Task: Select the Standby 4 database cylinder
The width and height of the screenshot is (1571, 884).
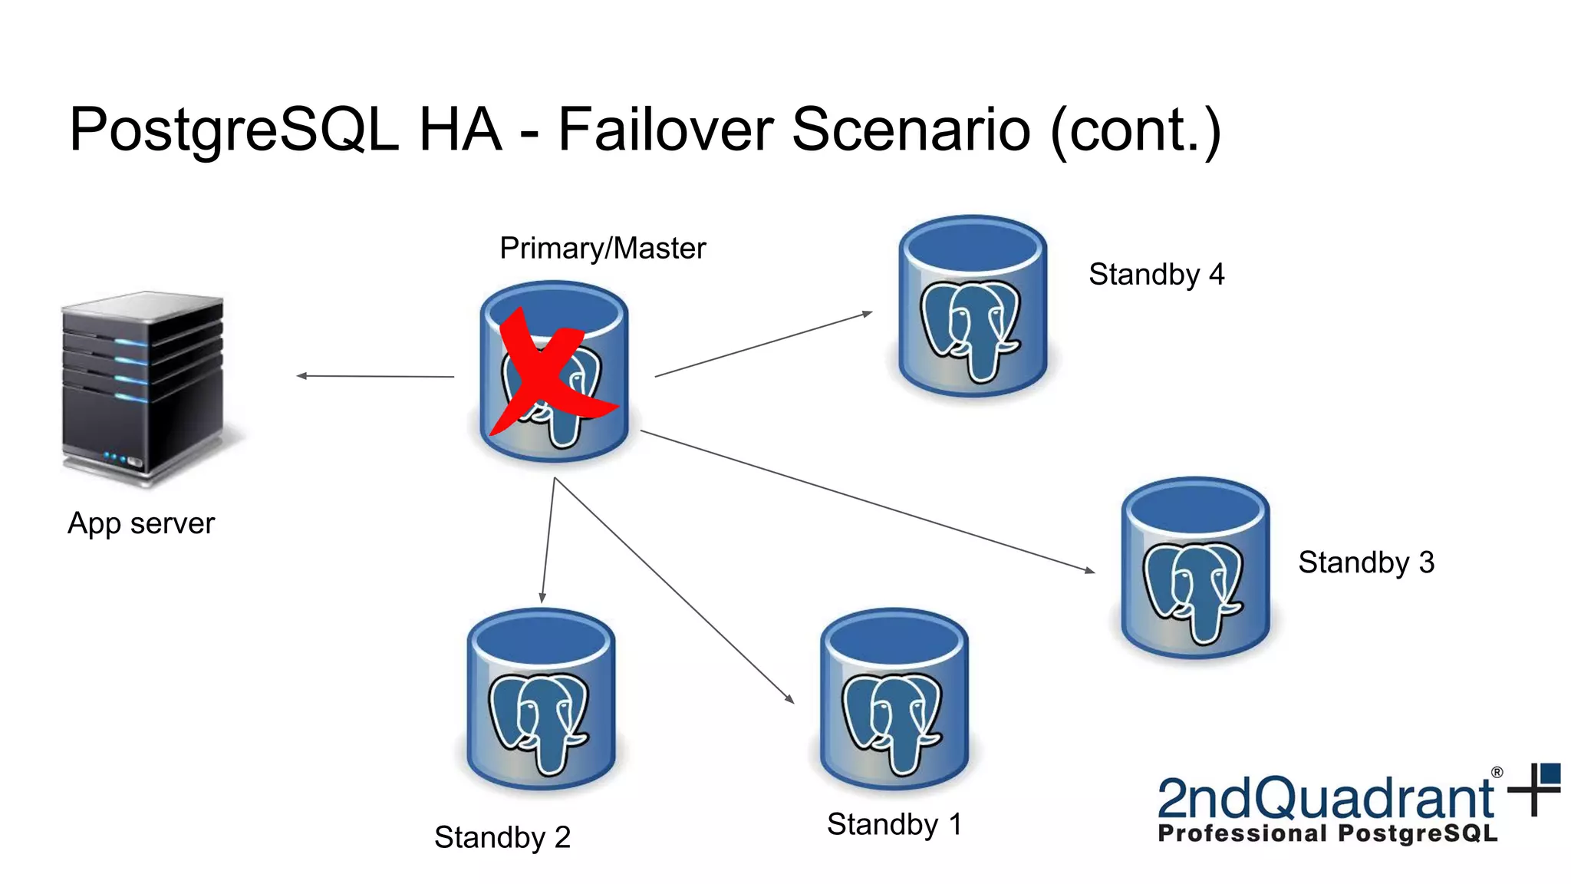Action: point(973,307)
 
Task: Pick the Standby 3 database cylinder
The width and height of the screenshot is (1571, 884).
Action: point(1195,569)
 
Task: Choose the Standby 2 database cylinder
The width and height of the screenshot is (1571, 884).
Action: point(542,700)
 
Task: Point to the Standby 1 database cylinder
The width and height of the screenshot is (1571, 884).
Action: point(894,700)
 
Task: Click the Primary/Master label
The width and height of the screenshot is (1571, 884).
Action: point(602,249)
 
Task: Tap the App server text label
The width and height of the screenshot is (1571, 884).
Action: point(141,524)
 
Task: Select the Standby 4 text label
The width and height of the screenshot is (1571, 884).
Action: point(1156,275)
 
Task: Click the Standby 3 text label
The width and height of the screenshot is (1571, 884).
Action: point(1365,562)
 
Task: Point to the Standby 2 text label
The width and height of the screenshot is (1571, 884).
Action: point(502,837)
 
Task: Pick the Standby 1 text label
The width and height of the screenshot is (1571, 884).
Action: point(894,825)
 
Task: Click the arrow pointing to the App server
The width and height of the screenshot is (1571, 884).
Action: point(375,376)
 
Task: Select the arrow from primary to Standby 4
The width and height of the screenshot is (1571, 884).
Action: point(763,345)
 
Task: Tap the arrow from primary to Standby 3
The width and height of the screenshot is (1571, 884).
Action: point(867,501)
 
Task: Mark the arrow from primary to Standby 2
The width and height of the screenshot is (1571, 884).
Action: point(548,541)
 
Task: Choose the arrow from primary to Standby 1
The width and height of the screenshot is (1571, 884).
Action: point(674,589)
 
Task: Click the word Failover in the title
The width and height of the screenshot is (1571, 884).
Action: point(665,130)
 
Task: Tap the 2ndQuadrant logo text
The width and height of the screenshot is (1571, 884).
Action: point(1325,799)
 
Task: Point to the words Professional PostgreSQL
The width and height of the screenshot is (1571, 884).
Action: point(1327,834)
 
